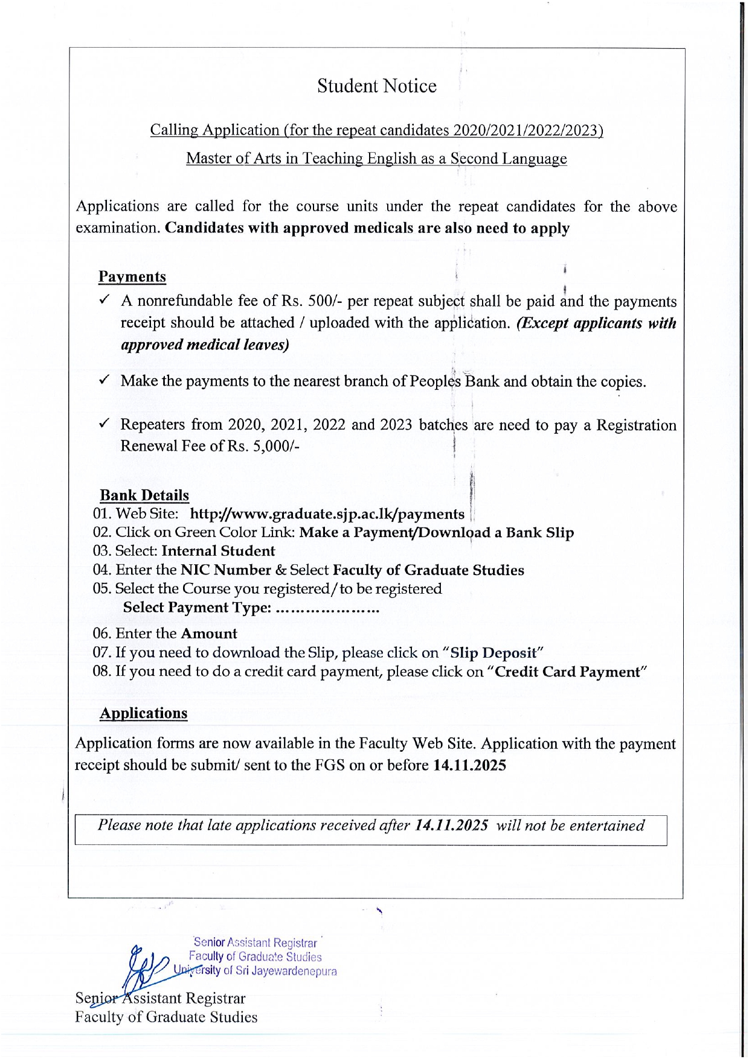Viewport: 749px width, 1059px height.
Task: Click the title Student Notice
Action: pos(376,86)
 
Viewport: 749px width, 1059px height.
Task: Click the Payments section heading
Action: pos(132,276)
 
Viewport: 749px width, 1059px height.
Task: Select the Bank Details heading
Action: pos(144,495)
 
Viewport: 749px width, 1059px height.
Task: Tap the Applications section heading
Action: pos(144,713)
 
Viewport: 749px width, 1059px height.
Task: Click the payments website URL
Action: pos(327,514)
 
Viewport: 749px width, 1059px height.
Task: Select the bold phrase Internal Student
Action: pos(218,551)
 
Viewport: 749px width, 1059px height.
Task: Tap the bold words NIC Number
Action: pos(226,570)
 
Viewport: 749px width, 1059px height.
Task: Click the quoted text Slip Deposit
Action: pos(493,653)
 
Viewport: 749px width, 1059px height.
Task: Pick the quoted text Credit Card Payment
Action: pos(567,672)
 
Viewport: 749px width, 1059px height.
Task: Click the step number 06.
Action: pos(101,634)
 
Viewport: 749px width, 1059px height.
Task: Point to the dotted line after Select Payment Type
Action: pos(327,608)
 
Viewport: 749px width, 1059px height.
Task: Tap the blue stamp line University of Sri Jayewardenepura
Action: pos(256,971)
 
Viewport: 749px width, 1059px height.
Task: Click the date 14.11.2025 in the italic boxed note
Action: pos(452,825)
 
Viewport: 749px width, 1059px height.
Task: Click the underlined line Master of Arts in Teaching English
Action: pos(376,159)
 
